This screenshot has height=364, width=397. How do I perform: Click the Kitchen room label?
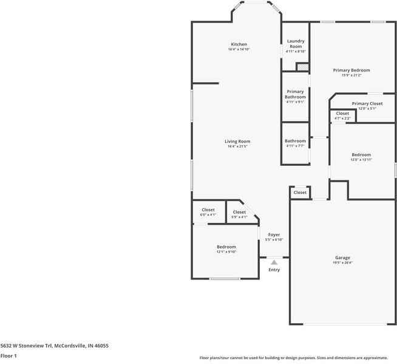239,44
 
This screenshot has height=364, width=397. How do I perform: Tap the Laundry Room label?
296,44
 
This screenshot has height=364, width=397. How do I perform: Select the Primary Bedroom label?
351,70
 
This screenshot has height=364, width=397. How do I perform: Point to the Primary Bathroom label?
296,94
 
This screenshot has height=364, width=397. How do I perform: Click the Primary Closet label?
367,103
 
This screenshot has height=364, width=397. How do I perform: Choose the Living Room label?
238,142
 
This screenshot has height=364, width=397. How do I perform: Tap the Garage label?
342,258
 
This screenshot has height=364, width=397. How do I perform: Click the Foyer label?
274,235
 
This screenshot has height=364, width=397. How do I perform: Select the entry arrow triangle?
274,262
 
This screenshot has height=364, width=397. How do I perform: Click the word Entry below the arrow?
274,270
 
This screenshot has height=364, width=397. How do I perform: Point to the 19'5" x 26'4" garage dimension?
342,263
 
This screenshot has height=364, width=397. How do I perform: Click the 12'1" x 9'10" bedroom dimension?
226,252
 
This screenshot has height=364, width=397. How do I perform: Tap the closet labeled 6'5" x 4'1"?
208,212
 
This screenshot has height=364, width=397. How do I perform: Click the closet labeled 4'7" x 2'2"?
342,115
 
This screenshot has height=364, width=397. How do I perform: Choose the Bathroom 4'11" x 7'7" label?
296,143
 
